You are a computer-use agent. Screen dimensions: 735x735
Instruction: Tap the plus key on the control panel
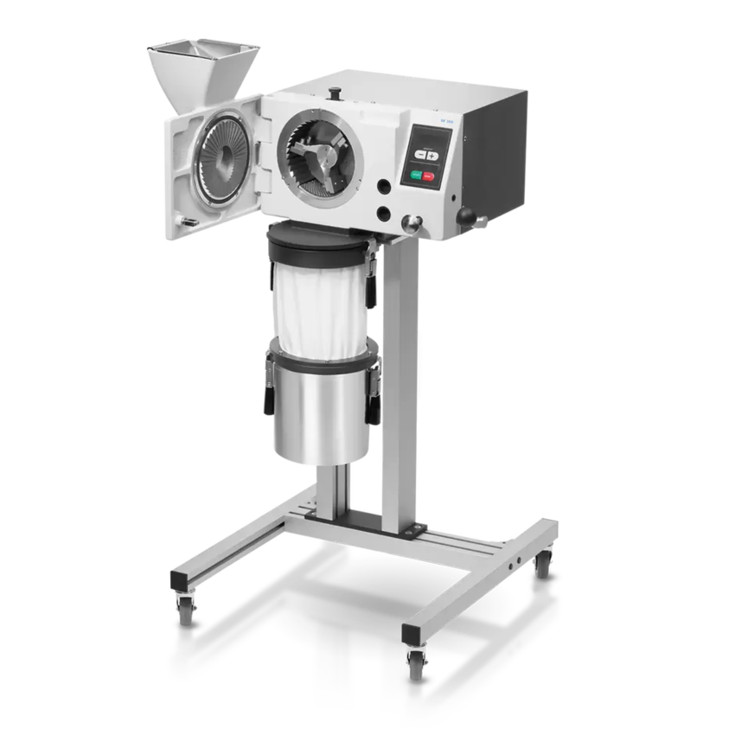pos(431,152)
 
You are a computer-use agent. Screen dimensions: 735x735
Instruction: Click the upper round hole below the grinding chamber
pos(381,185)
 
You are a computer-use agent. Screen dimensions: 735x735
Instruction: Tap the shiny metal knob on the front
pos(415,223)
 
